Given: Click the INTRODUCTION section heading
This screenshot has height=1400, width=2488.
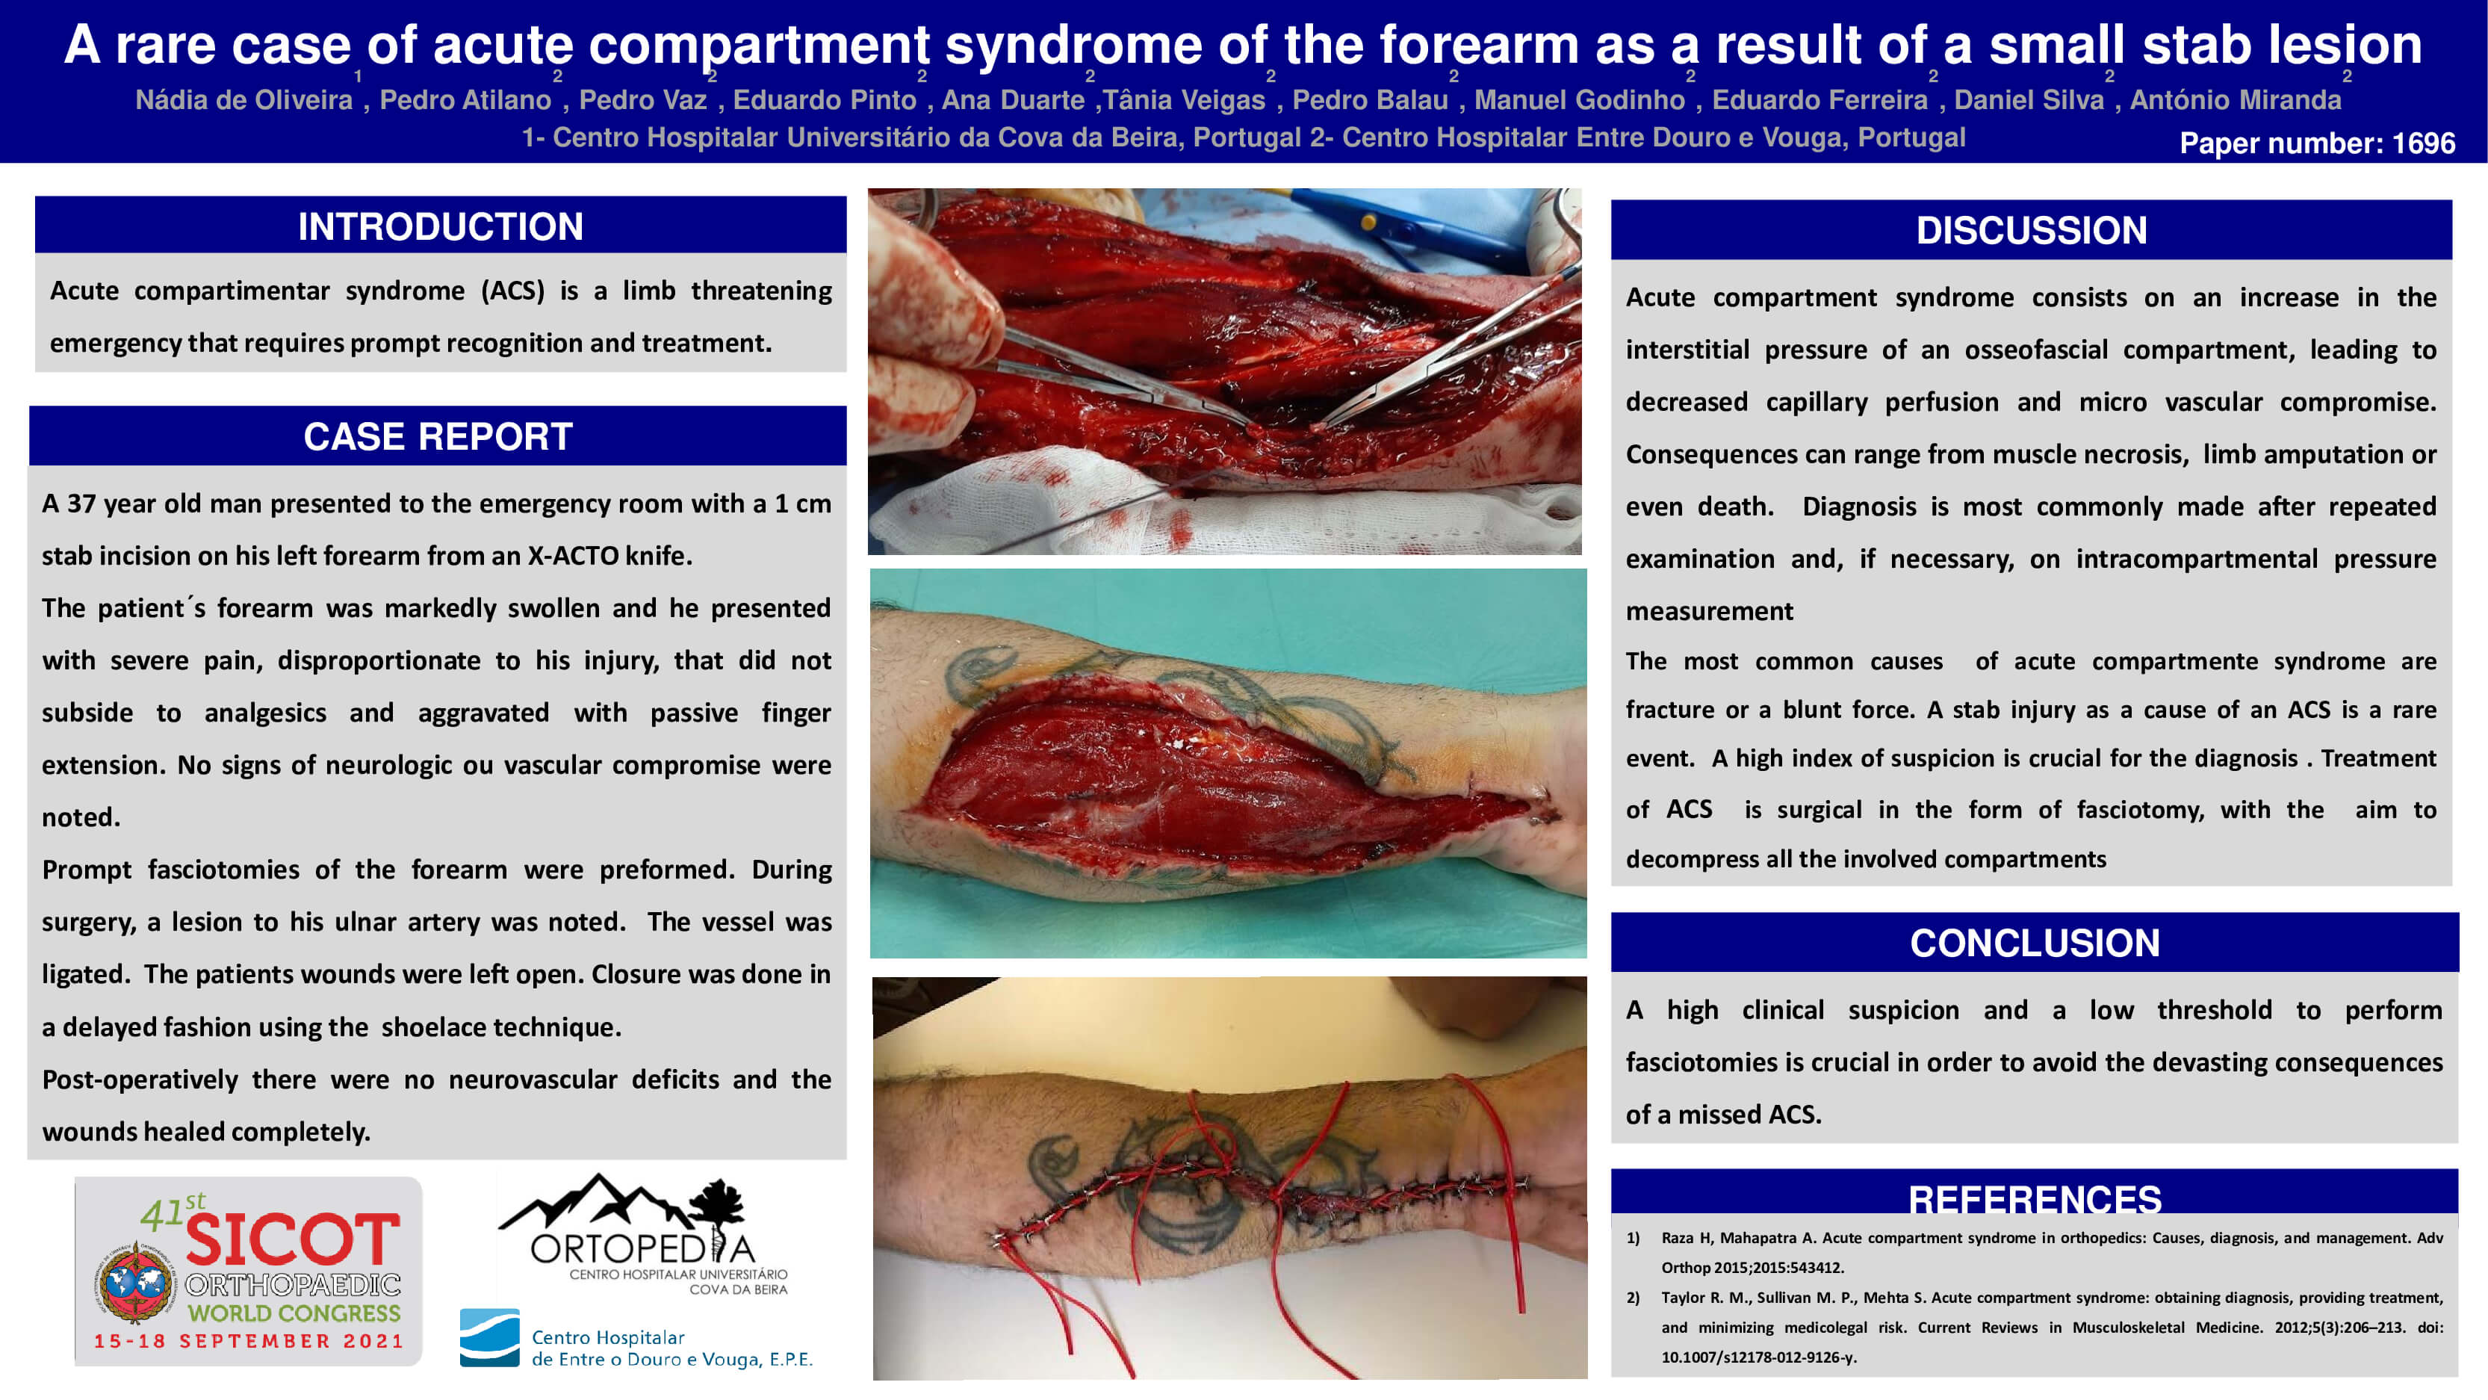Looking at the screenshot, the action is click(441, 227).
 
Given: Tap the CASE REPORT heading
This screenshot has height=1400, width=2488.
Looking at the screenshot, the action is click(438, 437).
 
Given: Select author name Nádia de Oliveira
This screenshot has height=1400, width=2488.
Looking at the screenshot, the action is click(244, 99).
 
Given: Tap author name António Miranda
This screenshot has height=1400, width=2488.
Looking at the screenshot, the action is click(2236, 99).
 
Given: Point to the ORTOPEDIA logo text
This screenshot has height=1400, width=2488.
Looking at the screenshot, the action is click(642, 1248).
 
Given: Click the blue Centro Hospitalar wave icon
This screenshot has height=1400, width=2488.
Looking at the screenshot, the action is click(490, 1338).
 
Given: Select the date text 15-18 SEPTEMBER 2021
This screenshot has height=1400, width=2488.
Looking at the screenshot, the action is click(248, 1341).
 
